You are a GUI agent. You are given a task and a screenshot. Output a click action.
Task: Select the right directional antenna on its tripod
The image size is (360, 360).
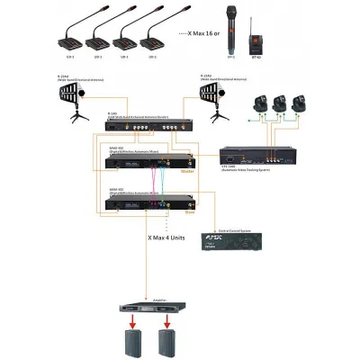213,99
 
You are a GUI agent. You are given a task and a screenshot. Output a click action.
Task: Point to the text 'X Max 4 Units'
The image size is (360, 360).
171,238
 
